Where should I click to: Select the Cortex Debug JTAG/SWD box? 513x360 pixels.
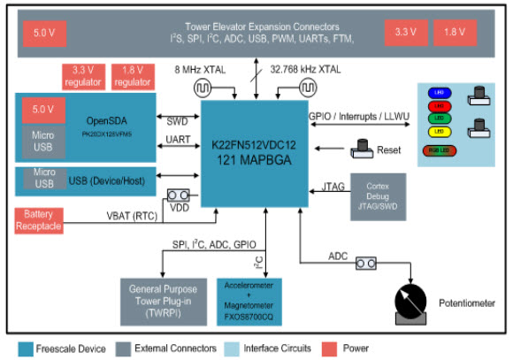pos(379,188)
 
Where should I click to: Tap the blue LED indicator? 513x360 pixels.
pos(438,91)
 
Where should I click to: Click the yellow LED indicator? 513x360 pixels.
pos(438,131)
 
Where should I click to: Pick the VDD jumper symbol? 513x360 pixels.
pos(180,195)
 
